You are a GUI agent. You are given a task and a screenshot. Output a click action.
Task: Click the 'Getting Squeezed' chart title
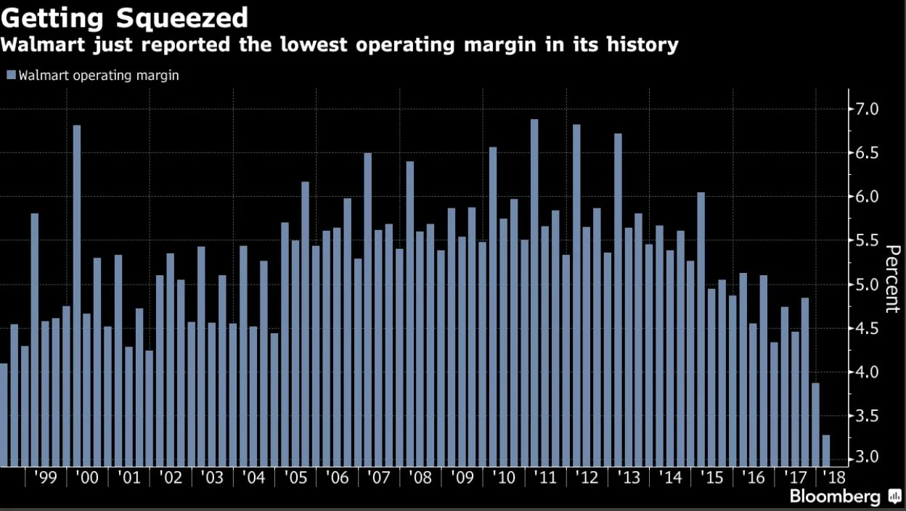point(125,17)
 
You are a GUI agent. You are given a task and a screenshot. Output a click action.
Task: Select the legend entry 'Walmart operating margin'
point(98,75)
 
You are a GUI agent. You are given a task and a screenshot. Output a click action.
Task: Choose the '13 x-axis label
point(629,478)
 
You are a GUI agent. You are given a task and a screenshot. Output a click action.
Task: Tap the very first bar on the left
point(4,414)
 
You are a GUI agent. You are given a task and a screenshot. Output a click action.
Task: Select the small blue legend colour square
point(10,75)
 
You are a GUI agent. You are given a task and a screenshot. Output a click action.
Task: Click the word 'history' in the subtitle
point(640,45)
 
